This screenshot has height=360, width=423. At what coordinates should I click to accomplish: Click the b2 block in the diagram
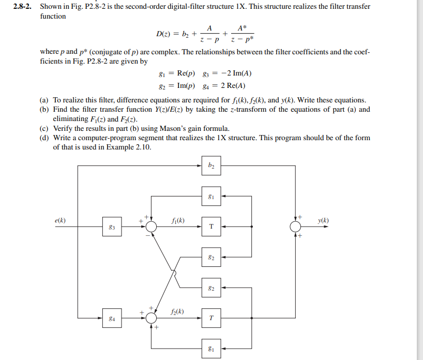pyautogui.click(x=211, y=166)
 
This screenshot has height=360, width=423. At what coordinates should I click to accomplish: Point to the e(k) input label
pyautogui.click(x=60, y=220)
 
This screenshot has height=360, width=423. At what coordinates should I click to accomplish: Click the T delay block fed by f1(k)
pyautogui.click(x=211, y=227)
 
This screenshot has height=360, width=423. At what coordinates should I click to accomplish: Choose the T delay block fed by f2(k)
pyautogui.click(x=211, y=318)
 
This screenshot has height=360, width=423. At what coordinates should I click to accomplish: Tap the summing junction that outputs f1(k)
pyautogui.click(x=151, y=227)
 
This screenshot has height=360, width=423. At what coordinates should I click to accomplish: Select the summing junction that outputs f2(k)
pyautogui.click(x=151, y=318)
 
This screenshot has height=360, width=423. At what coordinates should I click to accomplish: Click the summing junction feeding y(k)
pyautogui.click(x=295, y=227)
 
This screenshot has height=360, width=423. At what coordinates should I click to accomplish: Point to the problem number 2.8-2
pyautogui.click(x=25, y=6)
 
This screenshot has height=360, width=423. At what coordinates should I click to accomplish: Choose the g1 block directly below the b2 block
pyautogui.click(x=211, y=197)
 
